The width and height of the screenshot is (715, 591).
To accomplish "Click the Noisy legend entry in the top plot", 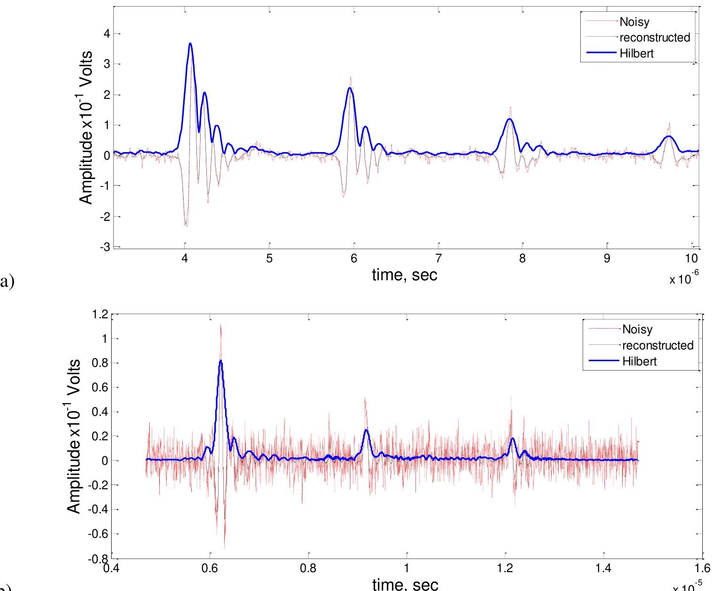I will tap(634, 22).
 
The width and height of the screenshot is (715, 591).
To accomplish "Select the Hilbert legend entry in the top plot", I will tap(636, 53).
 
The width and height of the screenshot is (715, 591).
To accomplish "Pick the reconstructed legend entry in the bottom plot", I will tap(658, 345).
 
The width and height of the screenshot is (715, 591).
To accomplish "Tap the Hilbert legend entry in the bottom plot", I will tap(639, 361).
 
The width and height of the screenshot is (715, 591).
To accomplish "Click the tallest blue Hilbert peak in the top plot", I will tap(190, 44).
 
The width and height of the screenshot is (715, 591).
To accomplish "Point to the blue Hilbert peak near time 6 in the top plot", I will tap(349, 88).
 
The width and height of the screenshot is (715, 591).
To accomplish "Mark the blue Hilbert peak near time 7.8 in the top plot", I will tap(510, 119).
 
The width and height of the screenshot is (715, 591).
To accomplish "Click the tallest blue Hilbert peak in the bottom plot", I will tap(220, 361).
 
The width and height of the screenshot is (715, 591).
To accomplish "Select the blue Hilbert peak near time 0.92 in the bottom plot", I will tap(366, 430).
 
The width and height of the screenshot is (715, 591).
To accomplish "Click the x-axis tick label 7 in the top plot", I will tap(439, 259).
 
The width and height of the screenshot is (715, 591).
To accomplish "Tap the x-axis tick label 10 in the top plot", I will tap(691, 259).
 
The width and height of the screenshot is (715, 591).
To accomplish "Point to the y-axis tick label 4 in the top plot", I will tap(106, 33).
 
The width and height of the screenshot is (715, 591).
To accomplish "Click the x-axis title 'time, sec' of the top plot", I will tap(405, 275).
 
